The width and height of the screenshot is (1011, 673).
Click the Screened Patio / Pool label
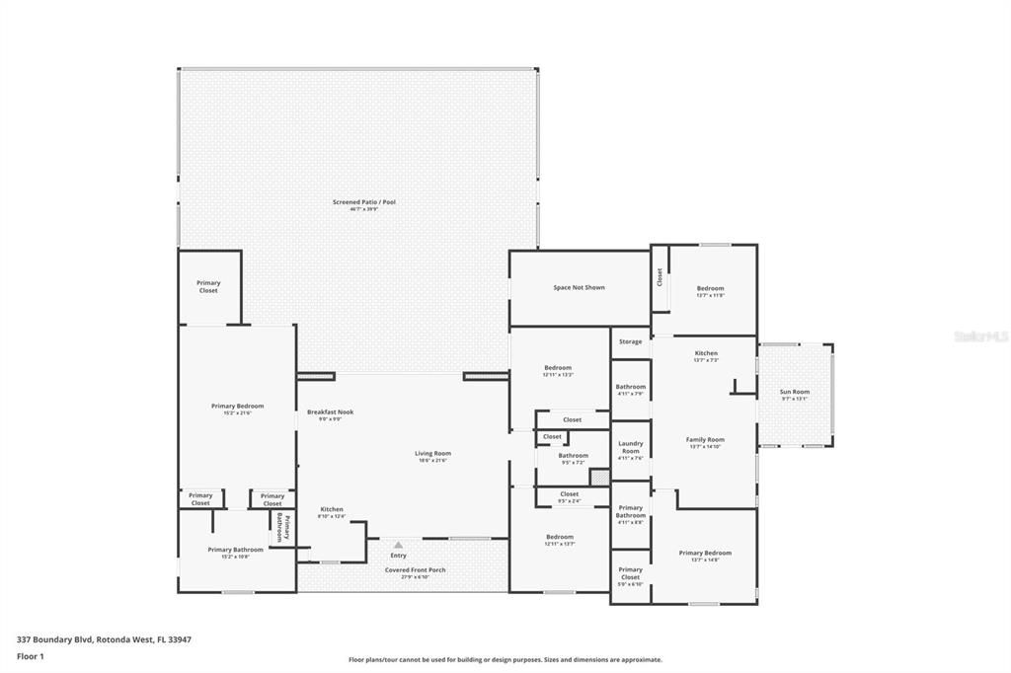[363, 202]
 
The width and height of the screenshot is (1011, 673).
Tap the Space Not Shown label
[579, 287]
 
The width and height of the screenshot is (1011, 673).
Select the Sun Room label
[795, 392]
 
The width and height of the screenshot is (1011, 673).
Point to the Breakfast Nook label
[330, 411]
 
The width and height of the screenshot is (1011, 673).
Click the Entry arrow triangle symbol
[398, 544]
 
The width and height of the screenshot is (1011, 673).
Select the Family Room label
[706, 439]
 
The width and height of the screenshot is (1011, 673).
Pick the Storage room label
[630, 341]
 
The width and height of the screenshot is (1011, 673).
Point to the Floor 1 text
[31, 655]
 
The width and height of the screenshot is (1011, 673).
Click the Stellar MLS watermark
[981, 336]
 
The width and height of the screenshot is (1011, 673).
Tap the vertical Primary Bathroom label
[283, 527]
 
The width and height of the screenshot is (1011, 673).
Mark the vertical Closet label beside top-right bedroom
[660, 277]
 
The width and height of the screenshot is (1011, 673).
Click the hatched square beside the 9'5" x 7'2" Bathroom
[599, 477]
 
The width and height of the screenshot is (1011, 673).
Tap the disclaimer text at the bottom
[505, 660]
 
